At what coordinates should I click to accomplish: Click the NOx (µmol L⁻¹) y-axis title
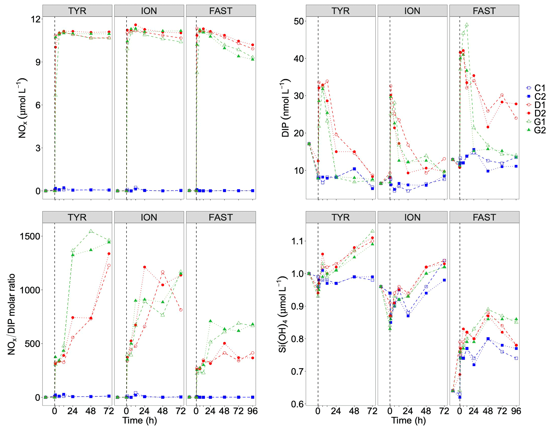(22, 108)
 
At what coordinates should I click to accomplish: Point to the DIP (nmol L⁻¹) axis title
(285, 108)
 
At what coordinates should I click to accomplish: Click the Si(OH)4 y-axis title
(283, 314)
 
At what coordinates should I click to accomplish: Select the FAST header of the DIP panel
(484, 11)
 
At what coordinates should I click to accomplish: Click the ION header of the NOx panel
(149, 11)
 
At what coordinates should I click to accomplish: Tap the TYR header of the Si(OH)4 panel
(340, 217)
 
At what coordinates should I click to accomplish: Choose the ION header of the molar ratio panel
(149, 217)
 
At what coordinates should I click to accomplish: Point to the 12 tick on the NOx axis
(35, 19)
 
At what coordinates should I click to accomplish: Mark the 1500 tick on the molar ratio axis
(30, 236)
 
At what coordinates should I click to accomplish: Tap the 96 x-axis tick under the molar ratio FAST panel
(252, 411)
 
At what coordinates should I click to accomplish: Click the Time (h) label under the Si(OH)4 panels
(408, 421)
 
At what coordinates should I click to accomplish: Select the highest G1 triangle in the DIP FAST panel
(466, 25)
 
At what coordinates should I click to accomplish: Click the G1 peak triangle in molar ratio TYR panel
(91, 231)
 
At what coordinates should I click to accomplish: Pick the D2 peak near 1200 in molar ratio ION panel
(144, 267)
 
